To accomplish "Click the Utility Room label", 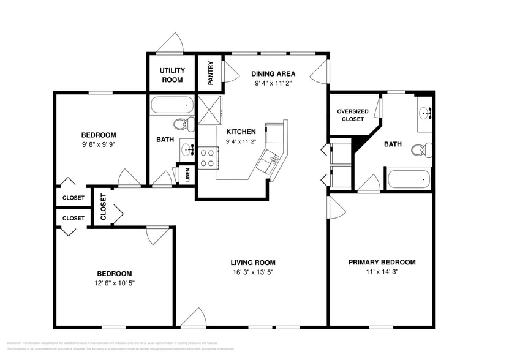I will [x=172, y=75].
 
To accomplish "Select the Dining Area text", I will [x=273, y=73].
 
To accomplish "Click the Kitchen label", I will [x=241, y=132].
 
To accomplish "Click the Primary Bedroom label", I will [x=382, y=262].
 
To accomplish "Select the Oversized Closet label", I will [x=352, y=115].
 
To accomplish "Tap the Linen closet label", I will [x=187, y=174].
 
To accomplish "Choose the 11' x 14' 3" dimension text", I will [x=382, y=272].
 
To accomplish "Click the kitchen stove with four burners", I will [x=208, y=157].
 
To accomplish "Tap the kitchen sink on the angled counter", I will [x=269, y=161].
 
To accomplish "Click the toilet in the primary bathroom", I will [x=419, y=150].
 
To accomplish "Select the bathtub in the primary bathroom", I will [x=409, y=180].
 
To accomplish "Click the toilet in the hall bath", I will [x=181, y=125].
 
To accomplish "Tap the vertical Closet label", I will [x=103, y=207].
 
